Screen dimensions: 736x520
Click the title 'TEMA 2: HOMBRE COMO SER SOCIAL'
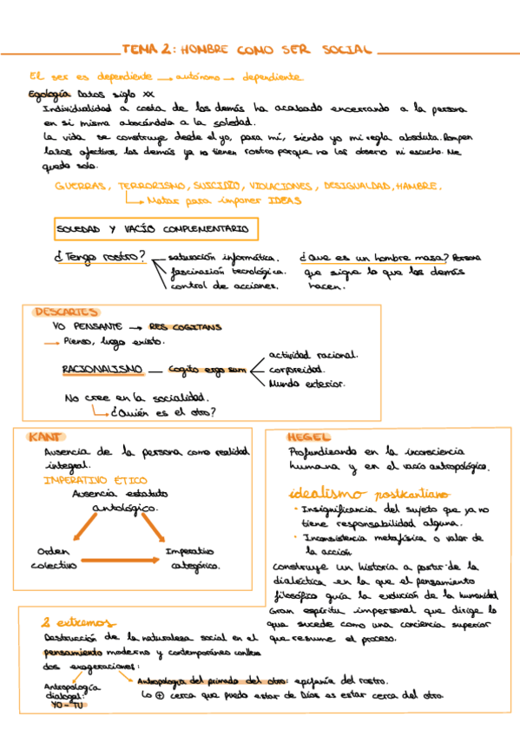click(x=247, y=50)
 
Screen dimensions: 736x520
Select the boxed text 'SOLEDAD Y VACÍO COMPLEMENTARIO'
click(x=152, y=229)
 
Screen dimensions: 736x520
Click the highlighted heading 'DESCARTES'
click(x=65, y=312)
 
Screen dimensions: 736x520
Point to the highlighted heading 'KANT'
click(x=45, y=436)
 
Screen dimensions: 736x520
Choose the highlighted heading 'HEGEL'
click(x=307, y=437)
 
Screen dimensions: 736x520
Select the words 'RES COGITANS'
click(x=185, y=327)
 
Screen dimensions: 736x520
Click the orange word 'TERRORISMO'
click(x=151, y=186)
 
